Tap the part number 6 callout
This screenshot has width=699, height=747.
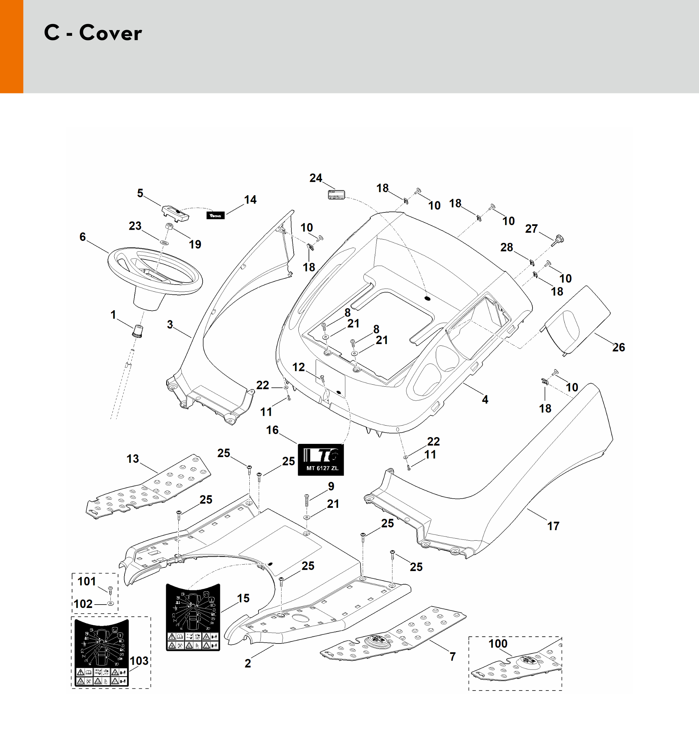tap(83, 237)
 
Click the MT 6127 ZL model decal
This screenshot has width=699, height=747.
tap(320, 459)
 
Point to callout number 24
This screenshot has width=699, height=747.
tap(316, 178)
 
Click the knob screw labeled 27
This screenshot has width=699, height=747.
tap(559, 239)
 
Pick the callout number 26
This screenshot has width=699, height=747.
tap(618, 347)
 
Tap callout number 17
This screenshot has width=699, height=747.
tap(553, 526)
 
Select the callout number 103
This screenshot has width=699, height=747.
tap(139, 661)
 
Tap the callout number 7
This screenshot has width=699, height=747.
tap(453, 656)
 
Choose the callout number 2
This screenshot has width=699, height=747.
tap(248, 663)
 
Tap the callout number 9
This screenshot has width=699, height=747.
tap(331, 486)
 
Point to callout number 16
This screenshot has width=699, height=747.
tap(272, 430)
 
